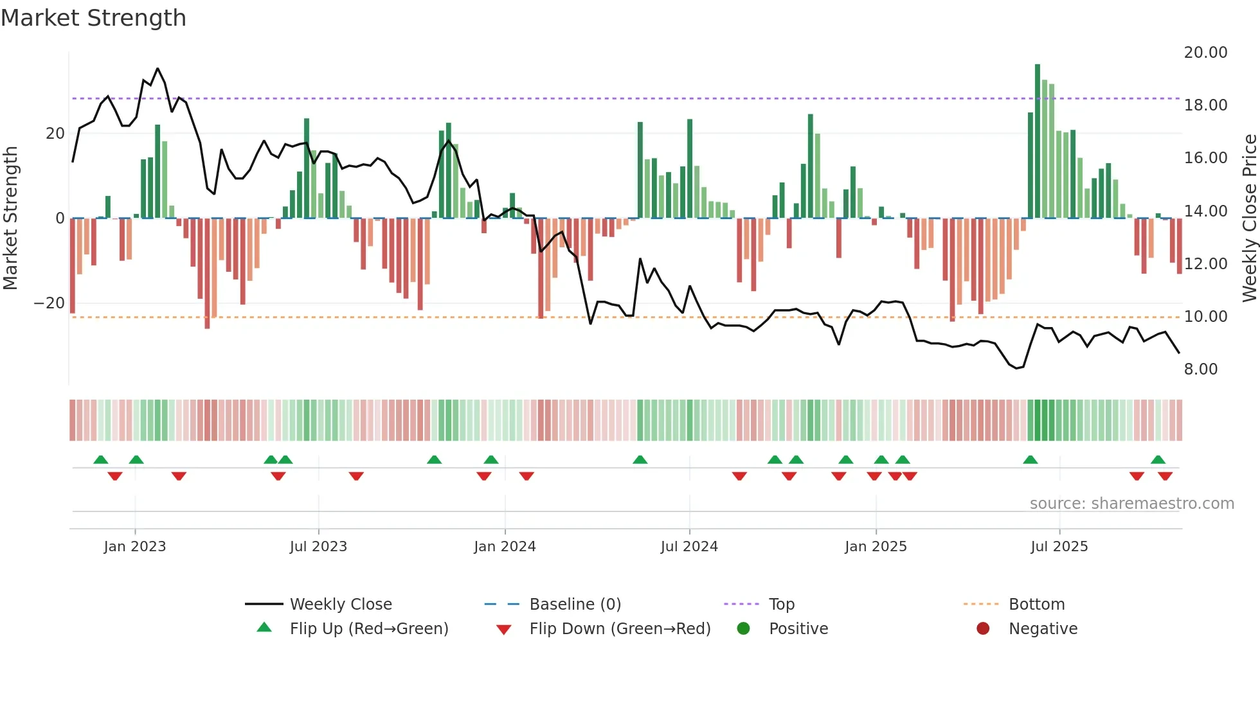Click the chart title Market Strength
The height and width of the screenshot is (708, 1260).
93,18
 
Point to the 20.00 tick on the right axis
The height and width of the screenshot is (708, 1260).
1205,53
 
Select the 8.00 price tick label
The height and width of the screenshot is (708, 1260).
1200,369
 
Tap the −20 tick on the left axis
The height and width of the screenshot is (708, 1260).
50,303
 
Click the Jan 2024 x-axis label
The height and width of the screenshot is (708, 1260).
505,547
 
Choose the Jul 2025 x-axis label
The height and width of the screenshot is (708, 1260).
1059,547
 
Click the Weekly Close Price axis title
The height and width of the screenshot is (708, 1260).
1249,218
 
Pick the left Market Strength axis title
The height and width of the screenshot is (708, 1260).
11,218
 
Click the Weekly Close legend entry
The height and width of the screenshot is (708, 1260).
340,605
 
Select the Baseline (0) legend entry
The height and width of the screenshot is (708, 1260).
575,605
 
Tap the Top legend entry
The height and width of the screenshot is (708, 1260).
781,605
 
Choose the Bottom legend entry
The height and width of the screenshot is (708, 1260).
1036,605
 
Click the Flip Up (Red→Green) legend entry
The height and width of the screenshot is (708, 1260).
368,629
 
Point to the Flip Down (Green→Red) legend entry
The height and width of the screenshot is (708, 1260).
619,629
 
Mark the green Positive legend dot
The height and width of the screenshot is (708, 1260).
743,629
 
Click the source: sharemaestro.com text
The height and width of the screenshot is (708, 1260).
1131,504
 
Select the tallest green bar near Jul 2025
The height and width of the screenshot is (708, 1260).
1038,141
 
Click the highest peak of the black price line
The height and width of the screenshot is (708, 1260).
157,69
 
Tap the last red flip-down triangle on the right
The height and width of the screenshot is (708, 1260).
1165,476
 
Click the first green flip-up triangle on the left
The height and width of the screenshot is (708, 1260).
101,459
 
